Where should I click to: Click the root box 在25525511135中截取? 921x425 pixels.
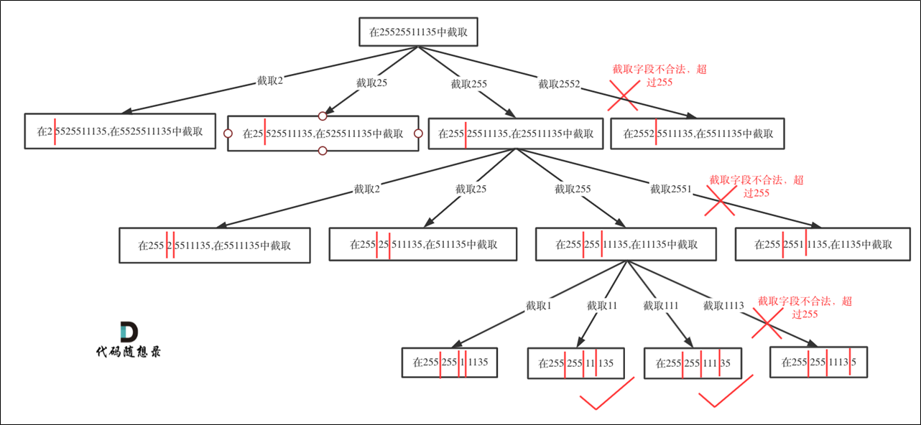418,32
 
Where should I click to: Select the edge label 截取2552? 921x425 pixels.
559,84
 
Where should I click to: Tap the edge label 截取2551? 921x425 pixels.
670,190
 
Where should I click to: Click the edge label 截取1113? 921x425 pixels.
723,306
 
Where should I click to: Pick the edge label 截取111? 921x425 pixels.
661,306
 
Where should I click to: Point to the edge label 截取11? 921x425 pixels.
602,306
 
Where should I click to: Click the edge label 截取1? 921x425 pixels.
538,306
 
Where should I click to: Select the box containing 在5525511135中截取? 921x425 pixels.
120,131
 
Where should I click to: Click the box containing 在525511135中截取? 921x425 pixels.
323,134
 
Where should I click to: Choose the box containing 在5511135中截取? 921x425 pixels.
215,245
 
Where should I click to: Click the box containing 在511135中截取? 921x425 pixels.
423,245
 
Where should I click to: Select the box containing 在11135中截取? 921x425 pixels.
626,245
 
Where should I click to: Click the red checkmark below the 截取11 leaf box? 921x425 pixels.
608,395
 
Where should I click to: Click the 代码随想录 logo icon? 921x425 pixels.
129,332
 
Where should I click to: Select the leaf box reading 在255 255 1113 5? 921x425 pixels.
818,363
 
